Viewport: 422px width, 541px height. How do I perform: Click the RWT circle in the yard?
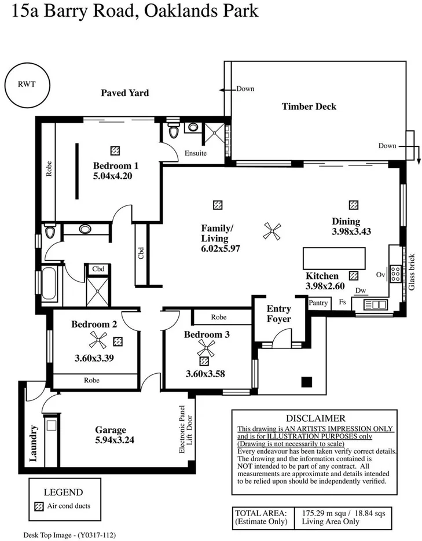(x=27, y=83)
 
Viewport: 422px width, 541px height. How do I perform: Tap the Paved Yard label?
(x=124, y=93)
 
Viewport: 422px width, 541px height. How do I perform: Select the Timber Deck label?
(x=309, y=106)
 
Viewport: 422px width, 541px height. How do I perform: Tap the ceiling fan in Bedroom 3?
(x=206, y=348)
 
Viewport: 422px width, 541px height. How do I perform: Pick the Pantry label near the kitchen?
(x=318, y=303)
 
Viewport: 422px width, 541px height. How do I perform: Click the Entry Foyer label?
(x=278, y=314)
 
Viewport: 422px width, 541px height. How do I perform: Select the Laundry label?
(x=34, y=444)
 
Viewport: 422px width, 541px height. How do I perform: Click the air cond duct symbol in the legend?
(x=39, y=505)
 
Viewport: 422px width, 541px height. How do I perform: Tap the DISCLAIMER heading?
(x=315, y=418)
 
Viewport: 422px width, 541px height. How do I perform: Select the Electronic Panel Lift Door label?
(x=185, y=429)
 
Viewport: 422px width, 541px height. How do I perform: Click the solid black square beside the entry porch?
(x=306, y=381)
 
